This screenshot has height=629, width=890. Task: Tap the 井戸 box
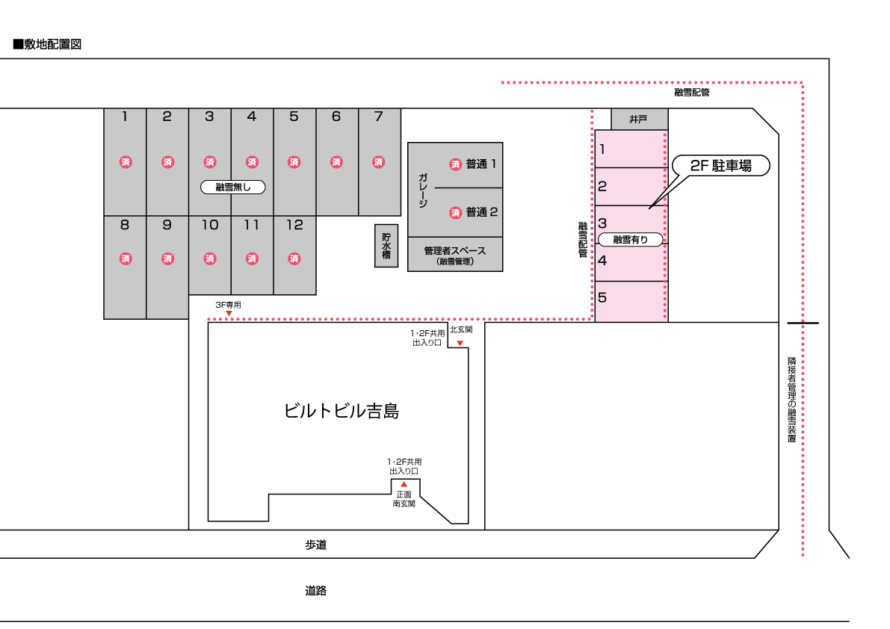coord(639,119)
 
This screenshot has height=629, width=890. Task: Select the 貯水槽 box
coord(386,246)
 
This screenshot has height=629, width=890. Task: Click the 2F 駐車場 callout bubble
coord(721,166)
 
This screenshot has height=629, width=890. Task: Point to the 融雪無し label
coord(232,188)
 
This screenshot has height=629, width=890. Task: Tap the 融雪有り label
coord(630,239)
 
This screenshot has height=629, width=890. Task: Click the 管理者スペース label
coord(454,251)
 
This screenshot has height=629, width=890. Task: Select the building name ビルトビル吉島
coord(341,411)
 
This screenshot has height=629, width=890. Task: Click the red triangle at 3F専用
coord(229,314)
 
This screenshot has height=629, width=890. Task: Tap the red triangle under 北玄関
coord(460,343)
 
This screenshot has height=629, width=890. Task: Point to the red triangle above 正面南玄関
coord(404,484)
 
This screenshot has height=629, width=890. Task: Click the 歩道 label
coord(315,545)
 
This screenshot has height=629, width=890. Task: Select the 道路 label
coord(315,590)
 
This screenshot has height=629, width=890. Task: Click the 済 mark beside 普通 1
coord(455,164)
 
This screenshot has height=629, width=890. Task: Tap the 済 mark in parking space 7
coord(379,162)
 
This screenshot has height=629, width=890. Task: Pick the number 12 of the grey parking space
coord(294,225)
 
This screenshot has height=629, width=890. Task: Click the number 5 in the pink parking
coord(602,297)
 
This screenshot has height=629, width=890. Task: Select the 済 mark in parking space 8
coord(126,258)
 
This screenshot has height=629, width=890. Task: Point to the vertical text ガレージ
coord(423,190)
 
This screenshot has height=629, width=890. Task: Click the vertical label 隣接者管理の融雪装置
coord(792,400)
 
